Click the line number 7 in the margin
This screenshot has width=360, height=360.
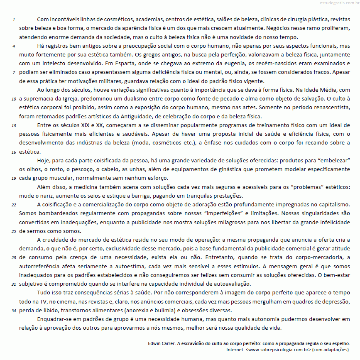click(x=14, y=72)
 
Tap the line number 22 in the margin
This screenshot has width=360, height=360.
click(x=14, y=205)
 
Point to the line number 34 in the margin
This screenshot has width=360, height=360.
click(x=14, y=311)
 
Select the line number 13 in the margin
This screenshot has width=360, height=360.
click(x=14, y=125)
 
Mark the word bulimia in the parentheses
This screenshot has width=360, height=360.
click(x=205, y=311)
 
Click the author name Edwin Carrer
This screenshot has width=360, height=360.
click(x=162, y=344)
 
